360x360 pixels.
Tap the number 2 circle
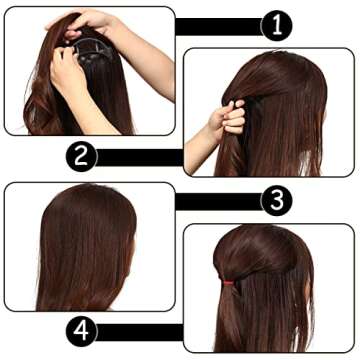click(82, 156)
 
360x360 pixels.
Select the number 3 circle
click(277, 200)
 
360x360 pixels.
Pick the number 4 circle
click(82, 331)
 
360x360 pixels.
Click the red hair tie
click(228, 284)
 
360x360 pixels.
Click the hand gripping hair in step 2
click(230, 118)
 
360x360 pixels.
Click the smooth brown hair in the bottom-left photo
click(80, 250)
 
